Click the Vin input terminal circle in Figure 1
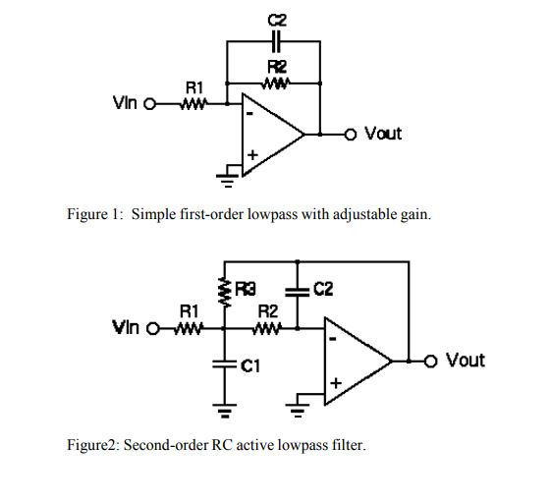tap(150, 103)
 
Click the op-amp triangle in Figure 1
tap(271, 132)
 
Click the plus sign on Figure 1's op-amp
tap(252, 155)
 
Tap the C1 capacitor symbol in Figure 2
tap(226, 365)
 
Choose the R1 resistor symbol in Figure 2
tap(189, 329)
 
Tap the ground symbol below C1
tap(226, 407)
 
